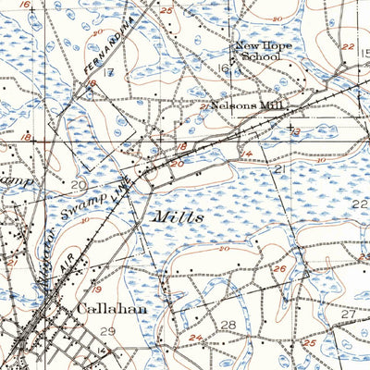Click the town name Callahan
coord(112,309)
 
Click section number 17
coord(109,72)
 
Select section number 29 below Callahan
coord(108,331)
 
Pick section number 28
coord(228,326)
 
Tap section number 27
coord(348,314)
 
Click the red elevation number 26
coord(279,268)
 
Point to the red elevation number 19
coord(96,290)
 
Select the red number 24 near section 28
coord(195,337)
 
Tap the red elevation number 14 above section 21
coord(246,153)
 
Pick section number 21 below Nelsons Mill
coord(277,170)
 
